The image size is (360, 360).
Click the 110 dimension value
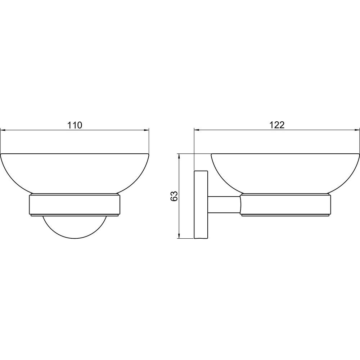(75, 125)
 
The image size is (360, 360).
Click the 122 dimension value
(277, 125)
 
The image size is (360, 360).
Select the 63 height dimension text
(174, 196)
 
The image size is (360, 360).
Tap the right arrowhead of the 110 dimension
(147, 130)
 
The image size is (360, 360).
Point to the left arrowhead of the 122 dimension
(197, 130)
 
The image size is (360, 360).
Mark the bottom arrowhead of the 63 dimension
(179, 236)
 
